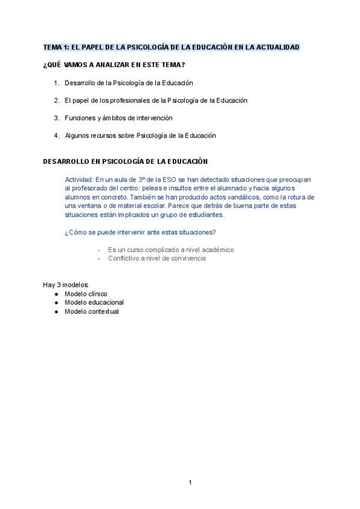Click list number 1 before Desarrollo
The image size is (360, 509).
click(x=56, y=83)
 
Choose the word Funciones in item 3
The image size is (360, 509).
click(x=79, y=118)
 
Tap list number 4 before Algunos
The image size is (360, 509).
click(x=56, y=136)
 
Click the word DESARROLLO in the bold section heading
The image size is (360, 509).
click(x=64, y=161)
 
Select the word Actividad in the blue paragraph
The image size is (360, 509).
click(x=79, y=179)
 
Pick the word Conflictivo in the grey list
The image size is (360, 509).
click(x=124, y=258)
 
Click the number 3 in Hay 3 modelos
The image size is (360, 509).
click(x=56, y=284)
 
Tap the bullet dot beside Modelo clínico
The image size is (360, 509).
click(x=56, y=294)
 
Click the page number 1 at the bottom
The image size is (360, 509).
click(x=190, y=483)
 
